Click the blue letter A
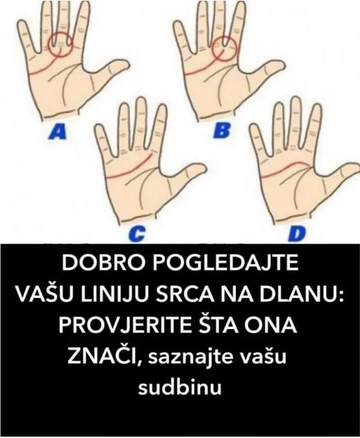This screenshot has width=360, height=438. click(x=58, y=132)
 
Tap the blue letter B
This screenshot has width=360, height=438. click(x=222, y=131)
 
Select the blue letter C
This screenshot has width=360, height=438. click(x=137, y=234)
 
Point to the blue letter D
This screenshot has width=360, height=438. click(x=297, y=234)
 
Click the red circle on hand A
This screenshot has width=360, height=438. click(x=48, y=45)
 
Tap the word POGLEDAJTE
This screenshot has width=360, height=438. click(x=225, y=263)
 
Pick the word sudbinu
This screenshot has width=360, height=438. click(x=180, y=387)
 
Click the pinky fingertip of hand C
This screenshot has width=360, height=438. click(x=98, y=128)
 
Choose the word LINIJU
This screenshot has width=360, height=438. click(x=112, y=295)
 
